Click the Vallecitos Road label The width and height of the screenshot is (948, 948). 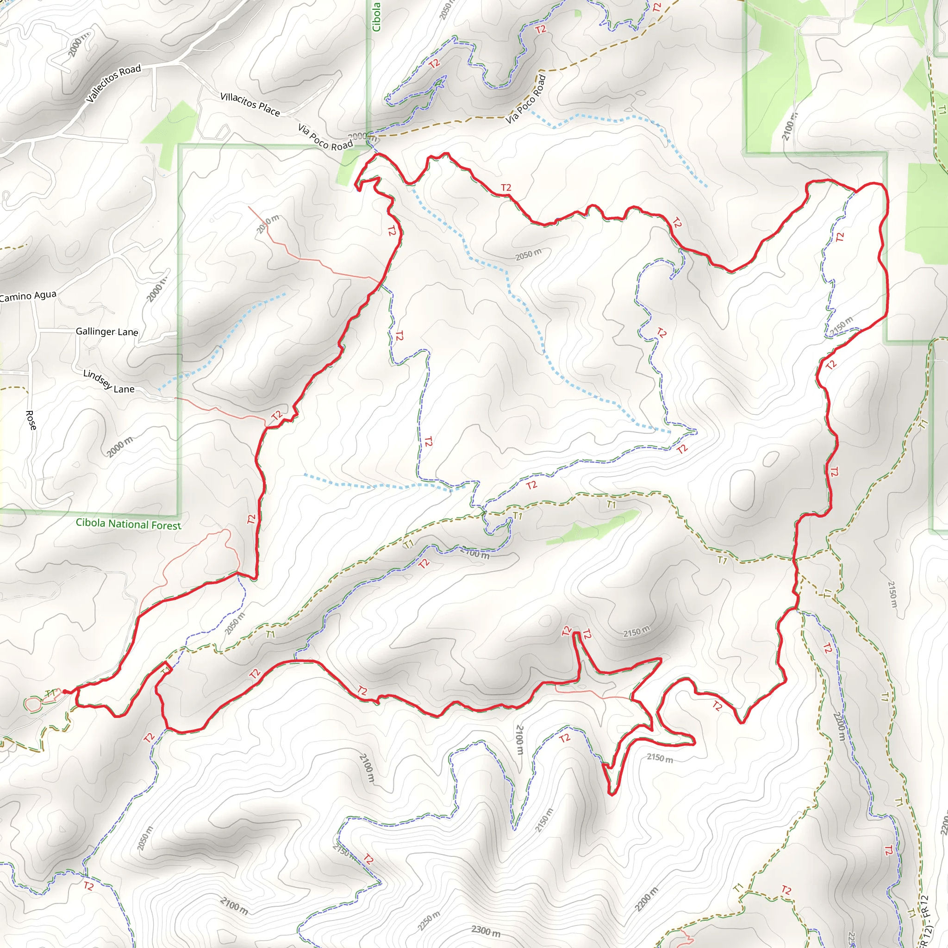[113, 83]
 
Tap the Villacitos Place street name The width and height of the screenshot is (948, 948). [250, 104]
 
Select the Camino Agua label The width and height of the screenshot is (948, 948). [28, 296]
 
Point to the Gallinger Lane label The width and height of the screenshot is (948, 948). [107, 332]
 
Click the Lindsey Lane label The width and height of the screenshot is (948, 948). [108, 382]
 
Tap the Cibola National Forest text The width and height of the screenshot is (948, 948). [129, 524]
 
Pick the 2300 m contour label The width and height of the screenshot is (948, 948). [486, 931]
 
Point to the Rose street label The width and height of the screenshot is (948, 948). [31, 420]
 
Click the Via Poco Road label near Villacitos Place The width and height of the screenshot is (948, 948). [325, 137]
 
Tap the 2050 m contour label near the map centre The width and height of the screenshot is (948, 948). [529, 254]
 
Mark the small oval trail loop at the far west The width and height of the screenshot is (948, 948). [33, 705]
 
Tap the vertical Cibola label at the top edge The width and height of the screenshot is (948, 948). [376, 17]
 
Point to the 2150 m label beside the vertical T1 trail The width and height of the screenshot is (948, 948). [892, 594]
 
